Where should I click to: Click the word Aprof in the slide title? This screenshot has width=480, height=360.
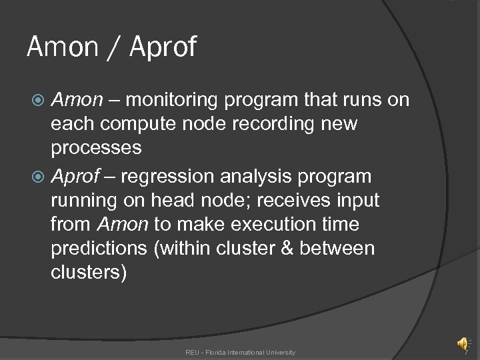tap(163, 47)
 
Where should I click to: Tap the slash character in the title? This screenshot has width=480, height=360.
tap(114, 47)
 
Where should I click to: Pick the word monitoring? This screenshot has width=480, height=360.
tap(173, 100)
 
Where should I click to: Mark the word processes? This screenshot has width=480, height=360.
tap(96, 148)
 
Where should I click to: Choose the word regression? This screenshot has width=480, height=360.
tap(167, 177)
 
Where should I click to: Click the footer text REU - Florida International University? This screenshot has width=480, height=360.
tap(240, 352)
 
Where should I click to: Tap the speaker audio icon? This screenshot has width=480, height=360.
tap(462, 343)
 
